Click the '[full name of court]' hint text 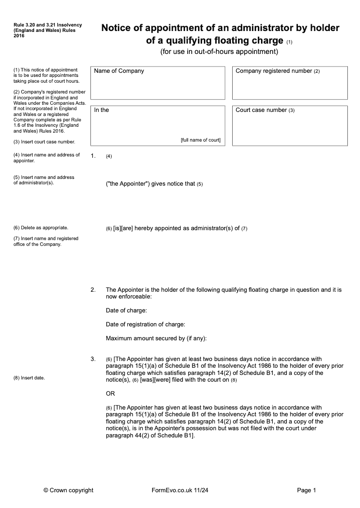pos(201,140)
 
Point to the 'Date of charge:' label pos(126,311)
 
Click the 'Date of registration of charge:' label pos(145,325)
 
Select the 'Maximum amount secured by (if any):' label pos(156,339)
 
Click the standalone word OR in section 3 pos(110,394)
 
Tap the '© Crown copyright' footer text pos(68,490)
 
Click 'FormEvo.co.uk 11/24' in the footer pos(180,490)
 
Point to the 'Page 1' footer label pos(307,490)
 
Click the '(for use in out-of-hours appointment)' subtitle pos(220,52)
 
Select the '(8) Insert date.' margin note pos(29,378)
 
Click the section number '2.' pos(93,290)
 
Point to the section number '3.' pos(93,359)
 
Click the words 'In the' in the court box pos(101,110)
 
